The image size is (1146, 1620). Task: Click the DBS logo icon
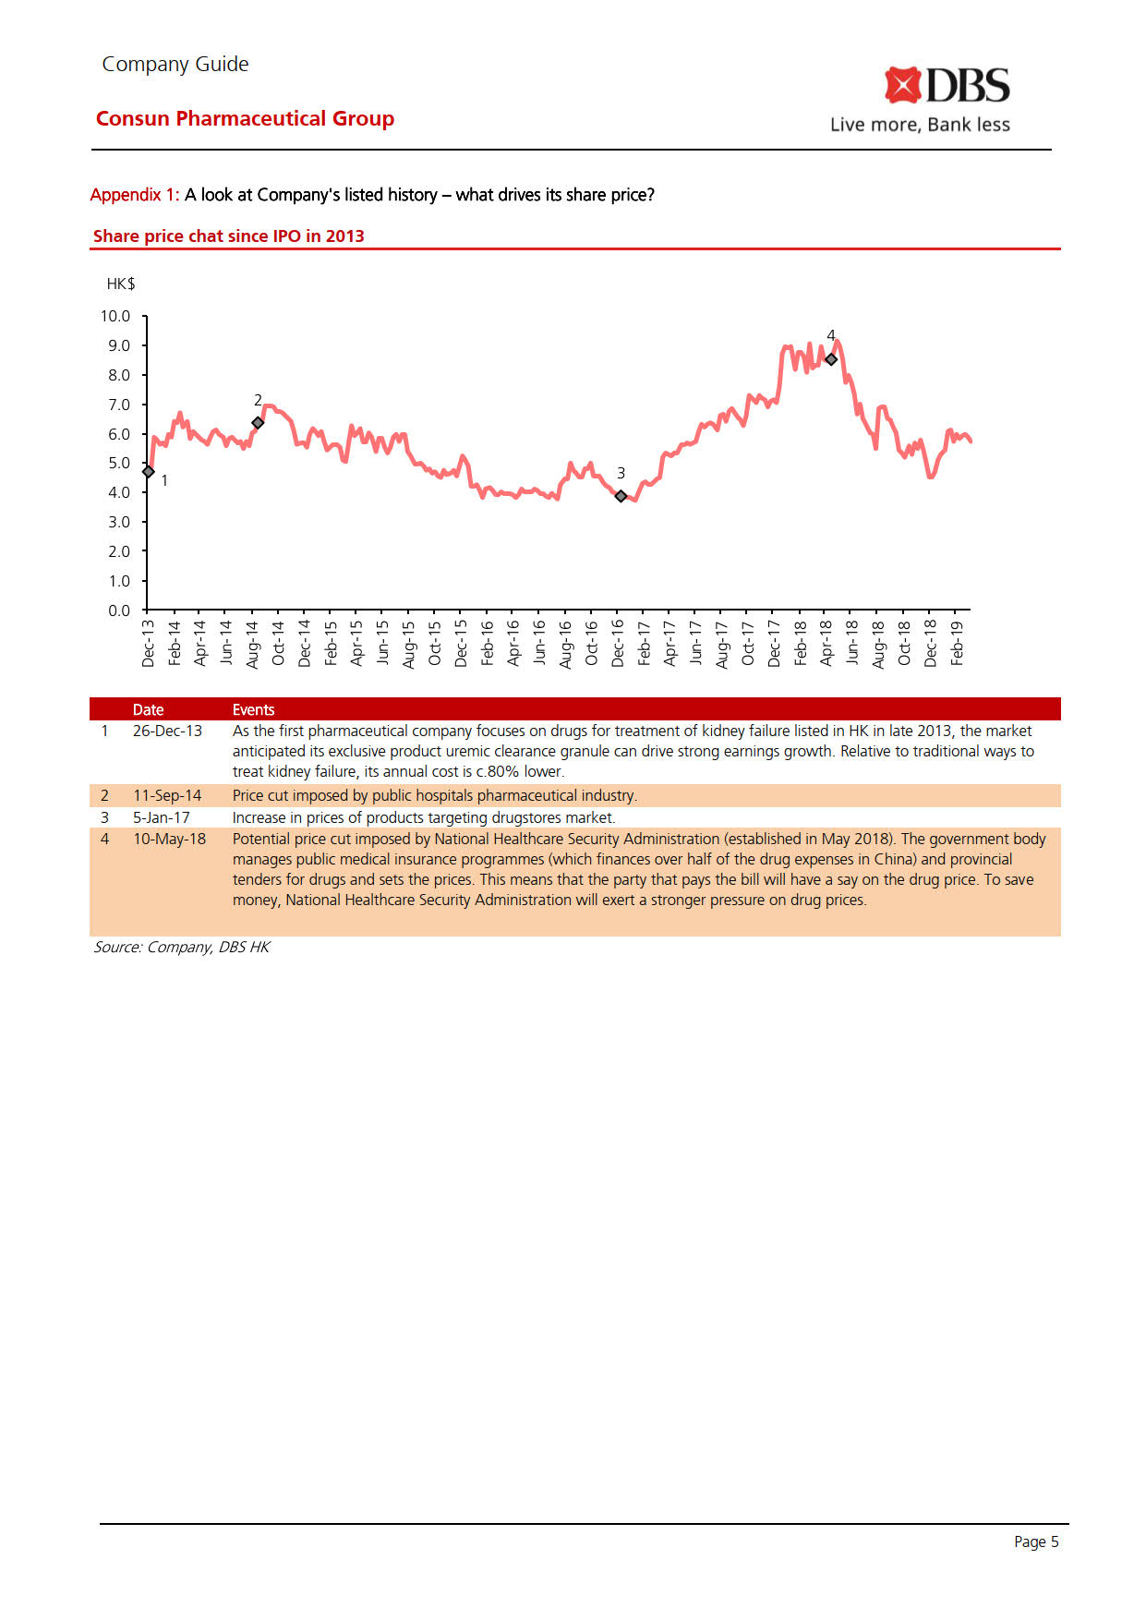pos(902,85)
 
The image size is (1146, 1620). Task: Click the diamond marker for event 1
pos(148,472)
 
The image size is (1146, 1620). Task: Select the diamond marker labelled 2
pos(258,423)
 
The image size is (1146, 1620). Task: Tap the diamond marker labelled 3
pos(621,496)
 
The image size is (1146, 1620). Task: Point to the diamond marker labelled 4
pos(831,359)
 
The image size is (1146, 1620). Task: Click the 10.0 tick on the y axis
pos(115,316)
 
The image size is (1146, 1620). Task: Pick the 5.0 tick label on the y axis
pos(119,463)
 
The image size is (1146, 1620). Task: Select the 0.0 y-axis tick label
pos(119,611)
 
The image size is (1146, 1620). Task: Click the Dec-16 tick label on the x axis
pos(618,642)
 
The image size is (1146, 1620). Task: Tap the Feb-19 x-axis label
pos(957,642)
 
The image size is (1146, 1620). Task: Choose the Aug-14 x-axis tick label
pos(252,643)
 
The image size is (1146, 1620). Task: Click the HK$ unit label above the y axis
pos(121,284)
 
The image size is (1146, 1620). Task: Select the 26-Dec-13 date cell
pos(167,731)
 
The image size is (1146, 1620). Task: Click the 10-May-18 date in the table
pos(169,839)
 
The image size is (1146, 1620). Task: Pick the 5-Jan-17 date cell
pos(162,817)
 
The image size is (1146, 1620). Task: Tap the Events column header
pos(253,709)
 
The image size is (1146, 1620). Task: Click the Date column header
pos(148,709)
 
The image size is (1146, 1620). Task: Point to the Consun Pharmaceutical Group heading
pos(245,118)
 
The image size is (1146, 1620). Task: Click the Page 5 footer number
pos(1036,1541)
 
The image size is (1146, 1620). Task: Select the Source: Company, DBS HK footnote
pos(181,947)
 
